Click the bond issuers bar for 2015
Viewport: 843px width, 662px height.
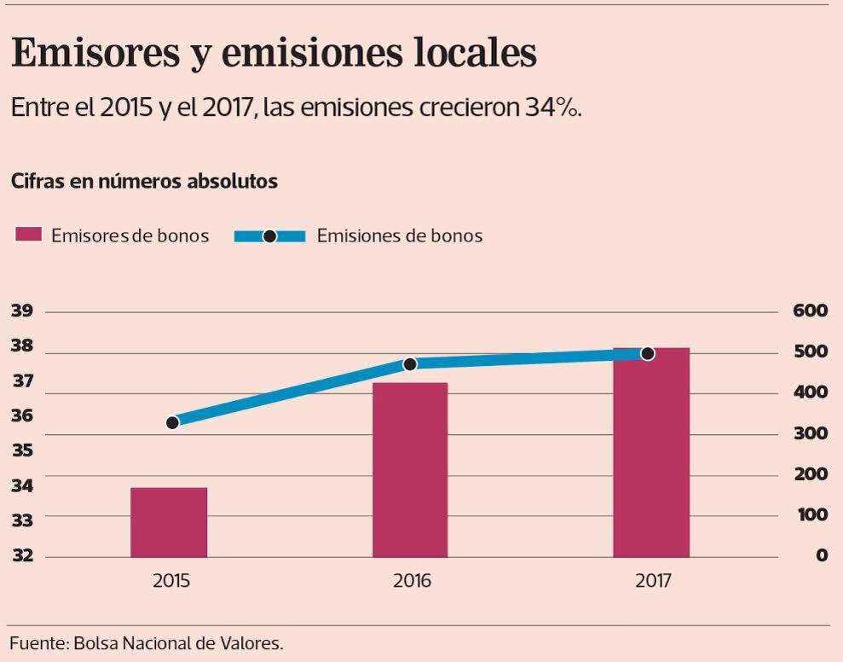tap(169, 522)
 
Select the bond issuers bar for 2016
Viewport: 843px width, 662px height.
tap(410, 470)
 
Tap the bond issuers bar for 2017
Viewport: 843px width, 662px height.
tap(651, 452)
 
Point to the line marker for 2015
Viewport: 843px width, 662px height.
tap(172, 422)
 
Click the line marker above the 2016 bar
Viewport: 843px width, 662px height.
tap(409, 364)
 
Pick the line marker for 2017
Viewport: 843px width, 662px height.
tap(647, 353)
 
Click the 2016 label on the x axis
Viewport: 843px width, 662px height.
tap(412, 582)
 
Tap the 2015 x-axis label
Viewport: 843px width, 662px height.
tap(171, 582)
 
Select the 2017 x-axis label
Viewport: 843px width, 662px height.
tap(653, 582)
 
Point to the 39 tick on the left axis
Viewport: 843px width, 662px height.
tap(22, 311)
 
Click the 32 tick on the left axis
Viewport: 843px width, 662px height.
tap(22, 556)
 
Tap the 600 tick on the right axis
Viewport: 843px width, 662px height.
tap(810, 311)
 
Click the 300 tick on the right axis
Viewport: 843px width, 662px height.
tap(810, 433)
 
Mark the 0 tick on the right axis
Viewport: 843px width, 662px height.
tap(822, 556)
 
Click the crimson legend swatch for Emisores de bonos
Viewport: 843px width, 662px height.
tap(28, 235)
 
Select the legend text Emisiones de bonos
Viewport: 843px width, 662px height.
tap(399, 235)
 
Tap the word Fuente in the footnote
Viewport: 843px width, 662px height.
tap(35, 642)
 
